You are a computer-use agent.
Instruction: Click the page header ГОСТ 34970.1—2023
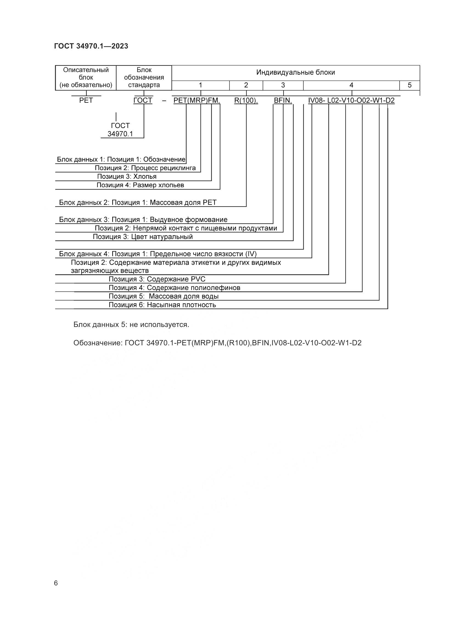[91, 46]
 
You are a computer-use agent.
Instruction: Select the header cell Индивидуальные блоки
[296, 73]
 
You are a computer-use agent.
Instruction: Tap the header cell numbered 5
[410, 85]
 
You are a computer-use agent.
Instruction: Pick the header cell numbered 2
[246, 85]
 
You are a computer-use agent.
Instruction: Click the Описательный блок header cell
[86, 78]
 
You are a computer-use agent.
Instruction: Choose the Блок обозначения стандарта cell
[144, 78]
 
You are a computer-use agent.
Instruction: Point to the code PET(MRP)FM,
[197, 100]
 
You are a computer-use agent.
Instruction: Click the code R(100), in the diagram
[246, 100]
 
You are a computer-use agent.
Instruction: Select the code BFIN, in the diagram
[283, 100]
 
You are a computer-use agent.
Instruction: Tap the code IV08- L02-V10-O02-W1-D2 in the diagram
[351, 100]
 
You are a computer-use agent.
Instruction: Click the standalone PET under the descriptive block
[86, 100]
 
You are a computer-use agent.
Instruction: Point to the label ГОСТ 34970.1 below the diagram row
[120, 130]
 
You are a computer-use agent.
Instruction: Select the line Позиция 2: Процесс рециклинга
[145, 168]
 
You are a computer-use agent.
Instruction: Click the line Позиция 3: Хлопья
[127, 176]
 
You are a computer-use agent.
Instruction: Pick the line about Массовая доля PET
[138, 203]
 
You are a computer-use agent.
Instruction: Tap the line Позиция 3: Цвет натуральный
[143, 237]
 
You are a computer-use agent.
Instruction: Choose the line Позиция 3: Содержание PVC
[157, 279]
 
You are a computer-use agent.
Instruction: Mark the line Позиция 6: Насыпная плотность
[162, 304]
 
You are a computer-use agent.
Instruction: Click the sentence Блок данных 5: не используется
[131, 325]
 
